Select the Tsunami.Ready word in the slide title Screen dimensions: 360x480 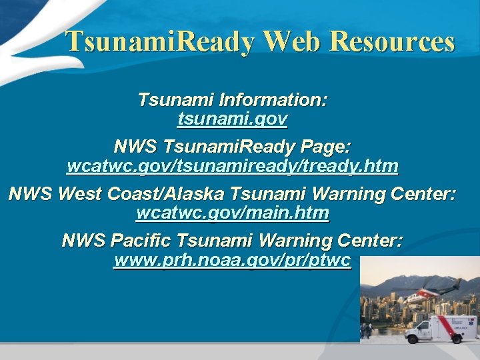[160, 42]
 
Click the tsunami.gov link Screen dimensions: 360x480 [233, 119]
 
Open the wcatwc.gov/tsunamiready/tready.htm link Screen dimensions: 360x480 [233, 166]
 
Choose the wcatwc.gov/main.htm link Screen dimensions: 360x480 [233, 213]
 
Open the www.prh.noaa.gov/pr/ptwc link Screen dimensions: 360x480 [233, 260]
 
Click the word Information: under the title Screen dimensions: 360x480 [273, 100]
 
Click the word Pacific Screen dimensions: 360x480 [144, 240]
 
